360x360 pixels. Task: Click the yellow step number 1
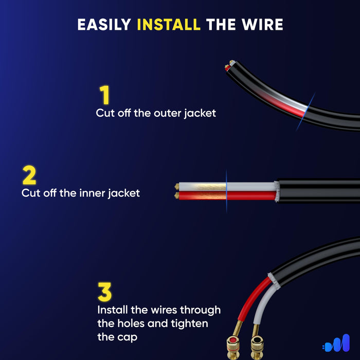(x=105, y=96)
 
